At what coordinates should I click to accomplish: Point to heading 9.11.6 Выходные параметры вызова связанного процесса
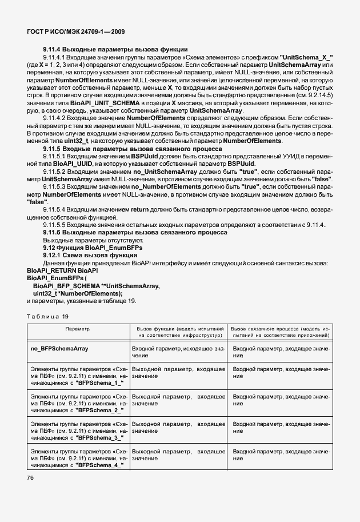(134, 232)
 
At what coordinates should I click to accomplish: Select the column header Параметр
(77, 329)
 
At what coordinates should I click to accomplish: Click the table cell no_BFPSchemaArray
(58, 348)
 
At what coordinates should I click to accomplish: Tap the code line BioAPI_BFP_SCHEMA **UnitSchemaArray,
(96, 285)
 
